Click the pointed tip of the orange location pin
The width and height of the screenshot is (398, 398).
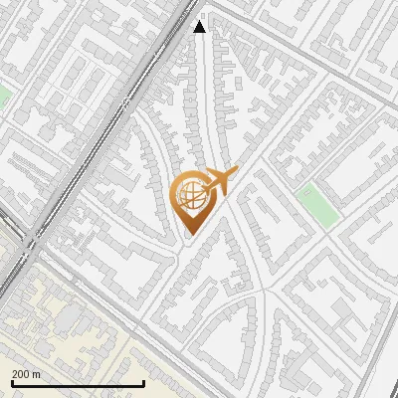click(x=190, y=234)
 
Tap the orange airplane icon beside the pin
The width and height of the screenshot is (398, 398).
click(x=218, y=181)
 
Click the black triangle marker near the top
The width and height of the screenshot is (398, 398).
click(x=200, y=26)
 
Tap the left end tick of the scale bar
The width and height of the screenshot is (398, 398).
click(x=11, y=382)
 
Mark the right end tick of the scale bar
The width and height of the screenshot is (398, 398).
click(x=144, y=382)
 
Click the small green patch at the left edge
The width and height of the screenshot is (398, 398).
click(x=3, y=98)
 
